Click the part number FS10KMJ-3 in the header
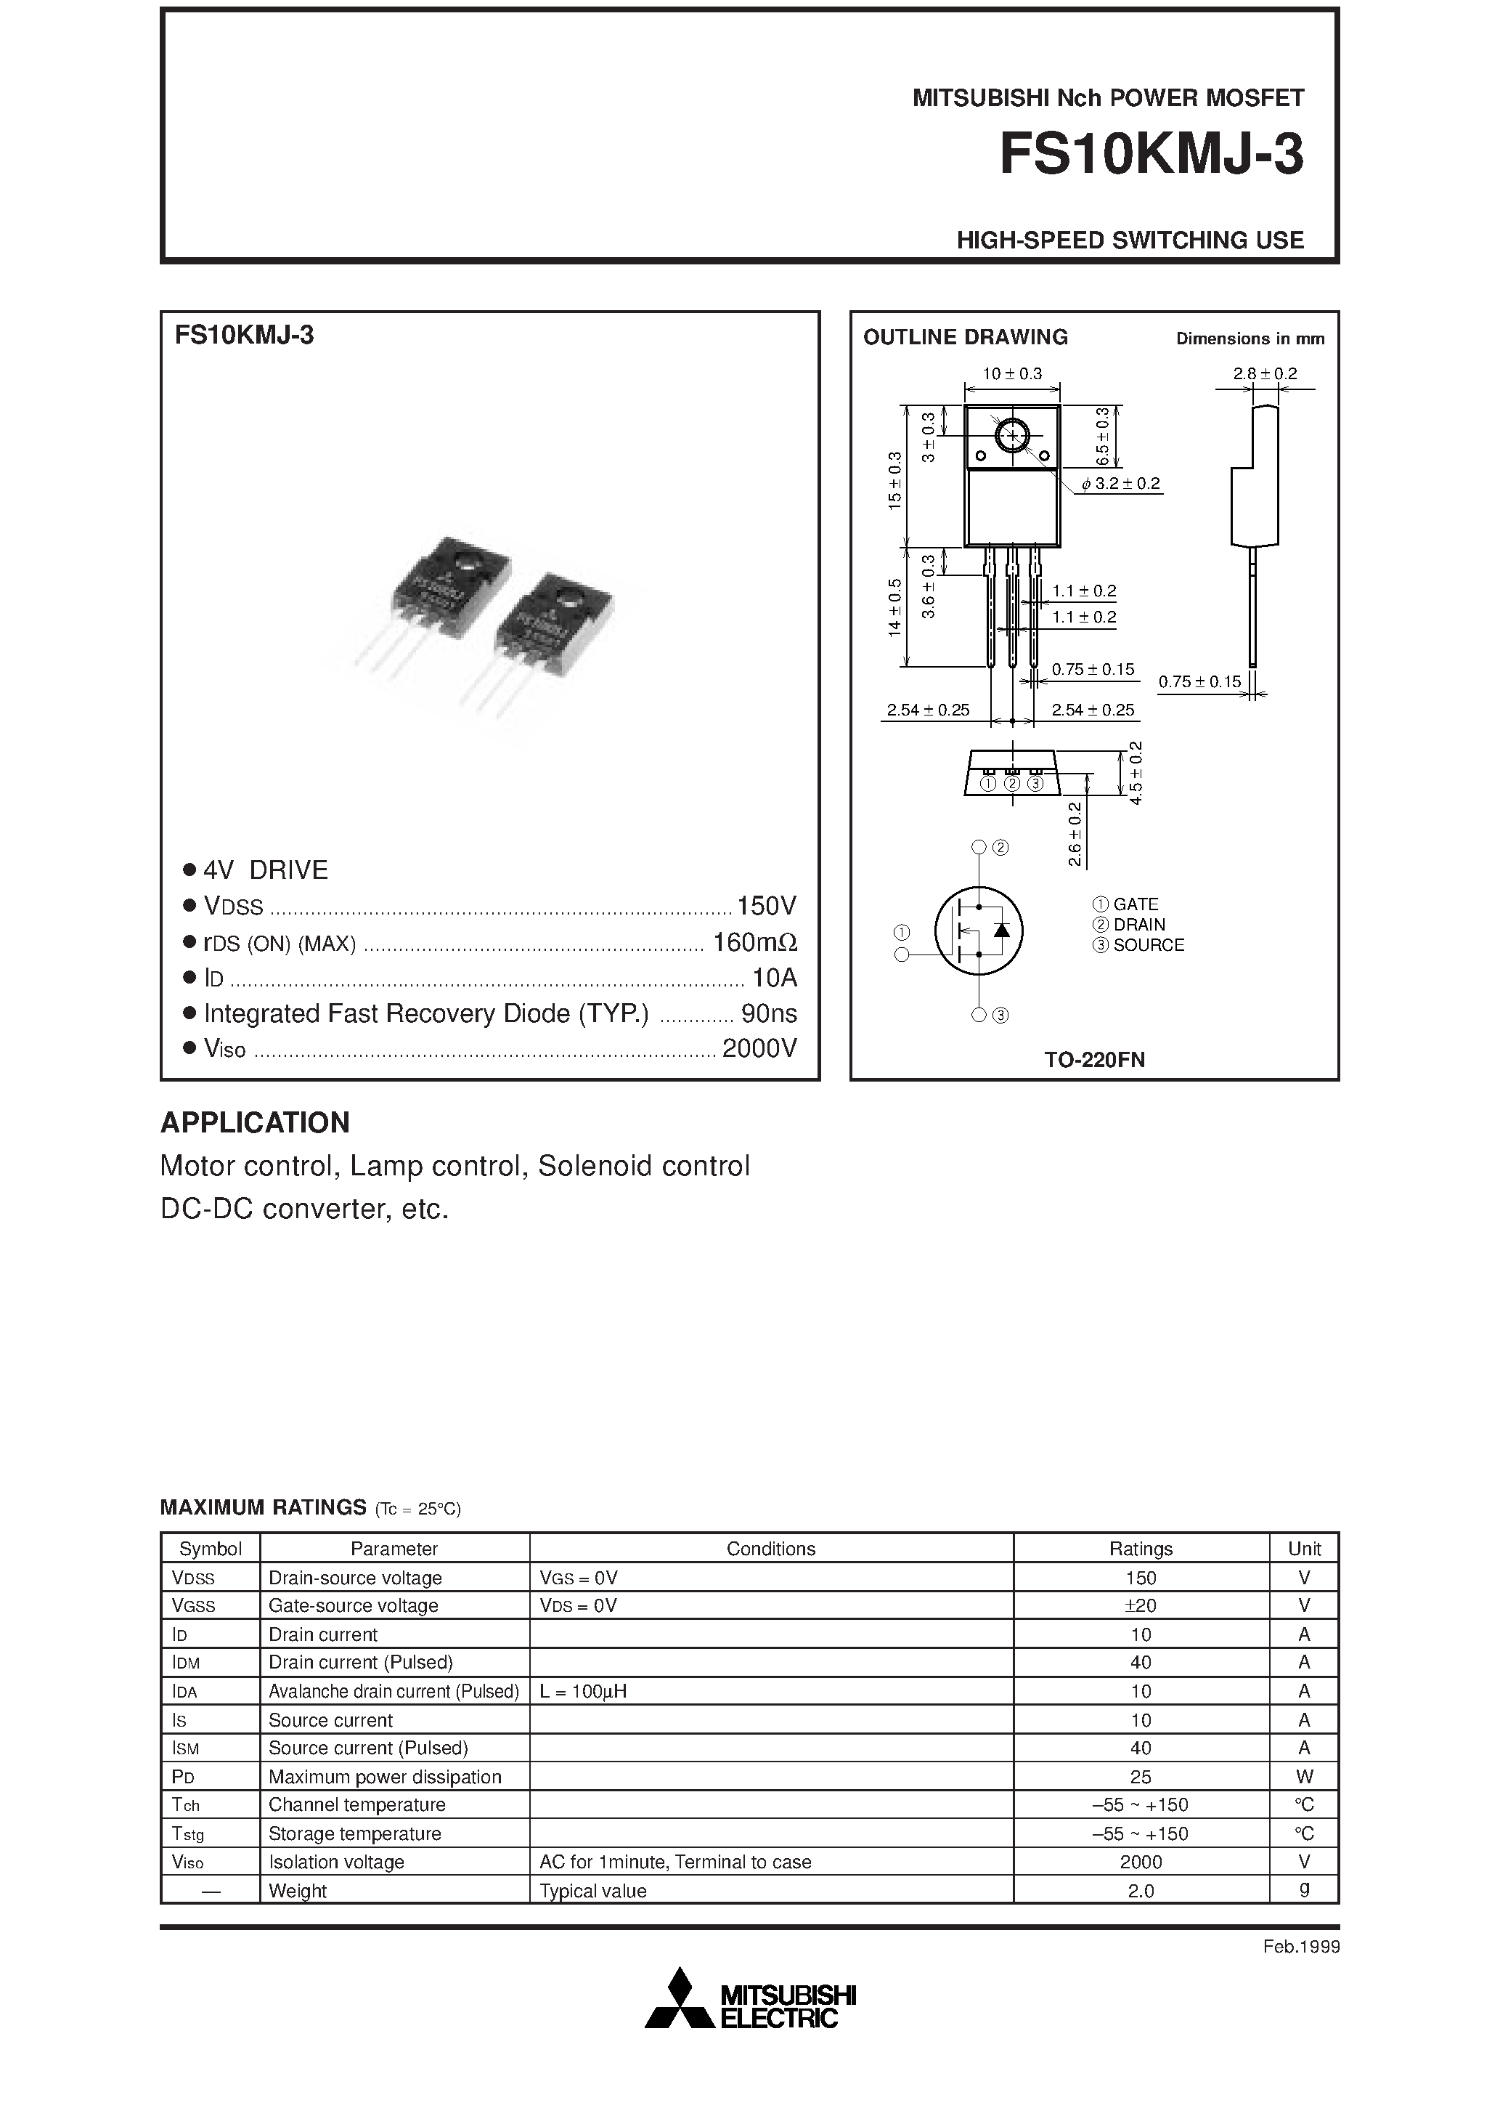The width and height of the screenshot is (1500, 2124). click(1152, 155)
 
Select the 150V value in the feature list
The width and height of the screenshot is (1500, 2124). click(766, 905)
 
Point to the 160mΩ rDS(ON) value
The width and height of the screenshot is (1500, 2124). click(754, 943)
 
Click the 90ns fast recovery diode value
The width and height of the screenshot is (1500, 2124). click(768, 1014)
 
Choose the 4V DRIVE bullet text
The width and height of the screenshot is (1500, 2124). click(266, 870)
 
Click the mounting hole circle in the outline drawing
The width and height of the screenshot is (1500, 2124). click(1011, 435)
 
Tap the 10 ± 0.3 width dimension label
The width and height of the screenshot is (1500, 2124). click(1011, 374)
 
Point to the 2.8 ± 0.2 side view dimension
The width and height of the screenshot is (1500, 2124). click(1264, 374)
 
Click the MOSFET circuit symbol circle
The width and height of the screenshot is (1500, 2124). click(979, 931)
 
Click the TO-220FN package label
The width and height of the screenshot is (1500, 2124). click(1094, 1060)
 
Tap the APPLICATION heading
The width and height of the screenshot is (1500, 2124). click(256, 1122)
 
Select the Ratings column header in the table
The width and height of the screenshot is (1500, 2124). click(1141, 1549)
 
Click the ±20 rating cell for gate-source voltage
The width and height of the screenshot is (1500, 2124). click(1141, 1606)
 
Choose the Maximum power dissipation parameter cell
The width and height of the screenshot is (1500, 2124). click(385, 1777)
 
